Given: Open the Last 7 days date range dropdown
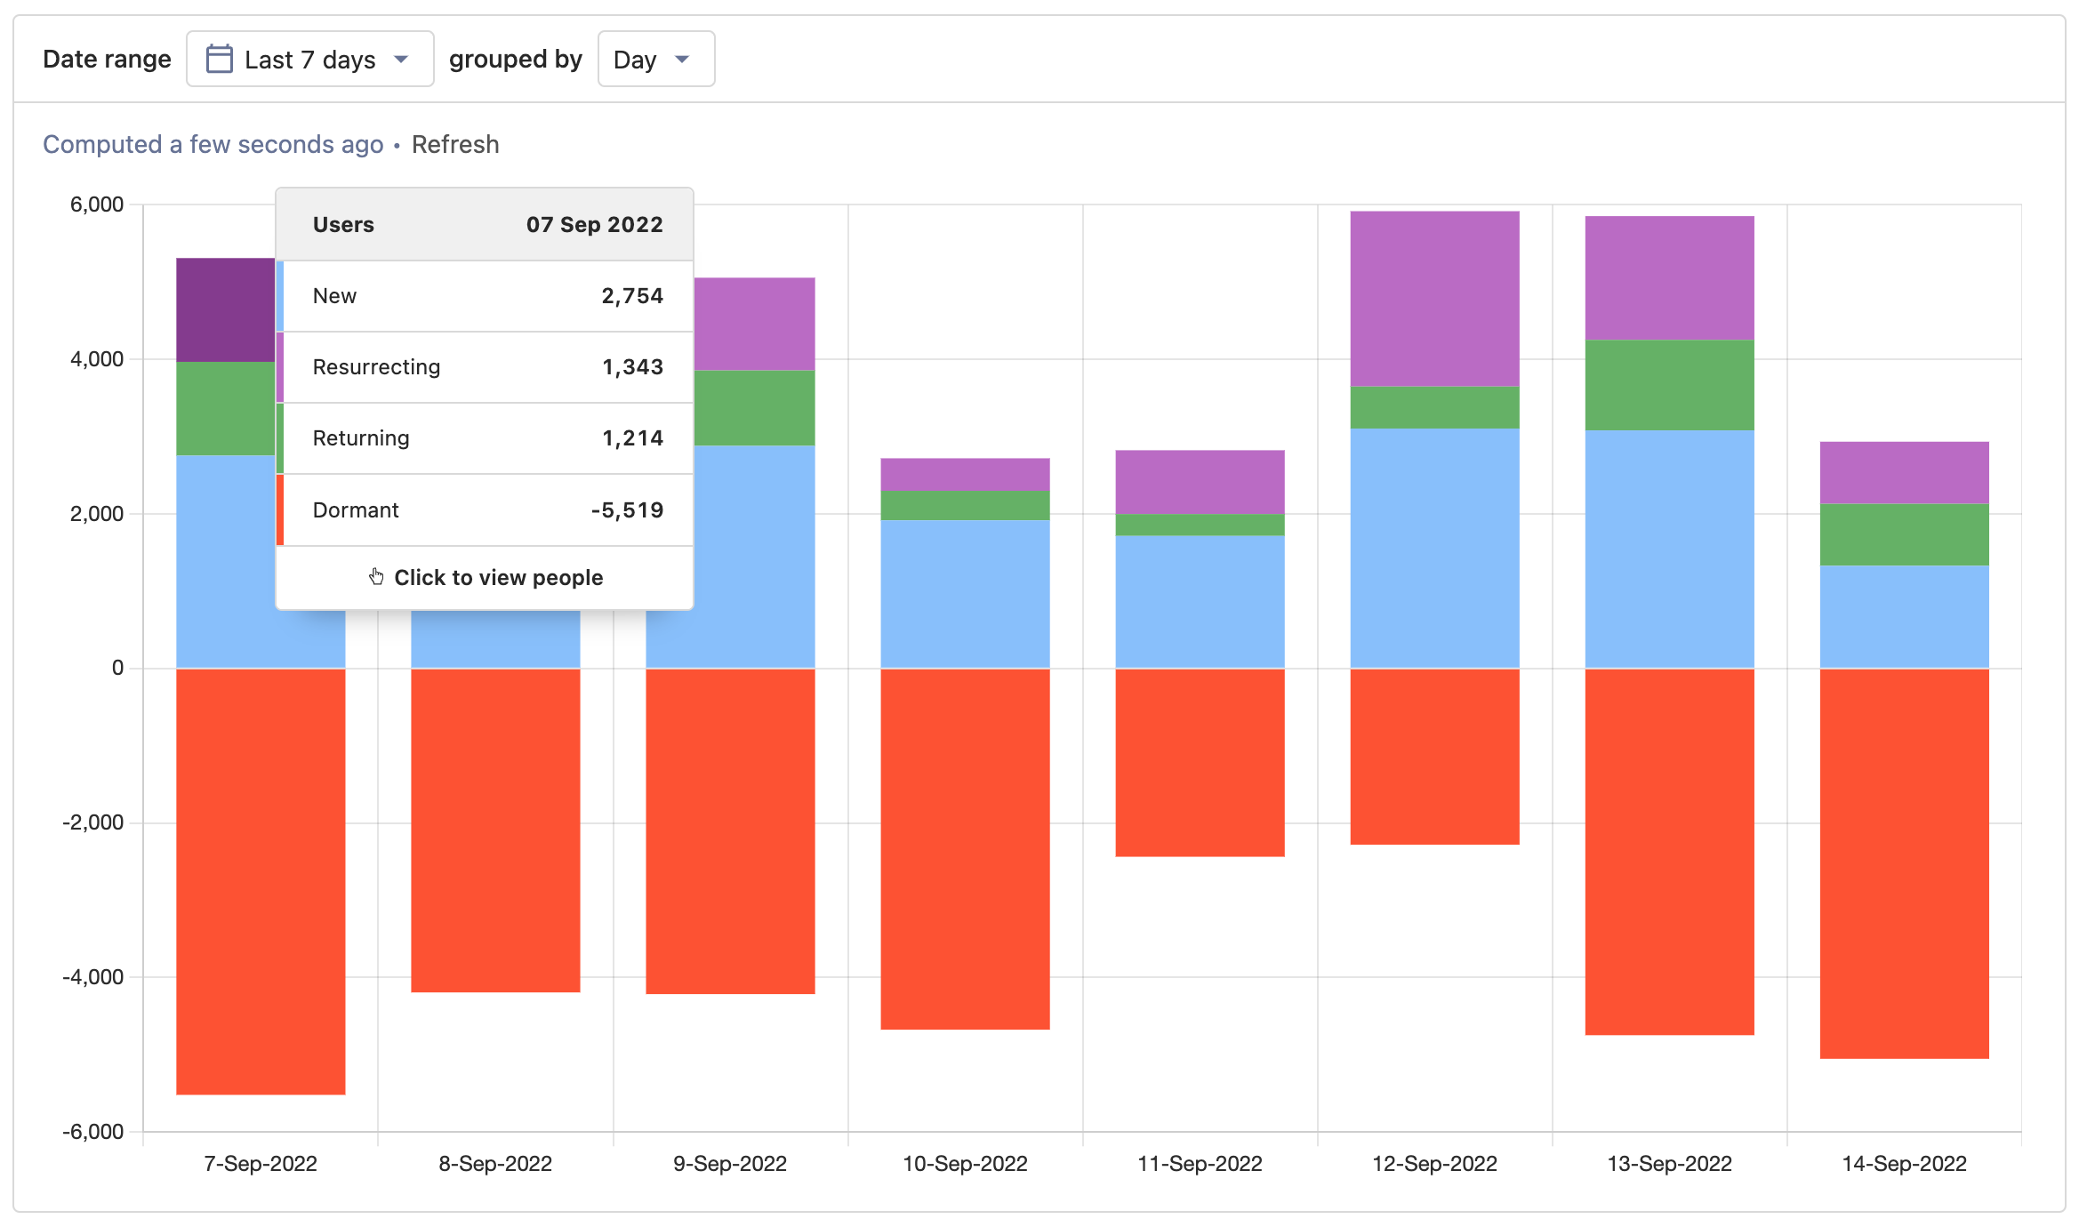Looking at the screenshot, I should coord(309,60).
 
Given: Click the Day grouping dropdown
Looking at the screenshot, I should coord(655,60).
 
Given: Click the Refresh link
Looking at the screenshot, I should coord(454,144).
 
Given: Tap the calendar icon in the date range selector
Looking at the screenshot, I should coord(219,59).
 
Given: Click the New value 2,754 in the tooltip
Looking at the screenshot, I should coord(631,296).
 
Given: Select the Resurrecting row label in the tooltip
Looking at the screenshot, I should coord(376,367).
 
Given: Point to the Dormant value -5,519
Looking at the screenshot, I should coord(627,510).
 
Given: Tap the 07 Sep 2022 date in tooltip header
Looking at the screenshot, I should coord(594,225).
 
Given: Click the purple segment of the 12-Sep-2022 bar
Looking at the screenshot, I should coord(1433,298).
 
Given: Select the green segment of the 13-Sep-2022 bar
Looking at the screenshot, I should coord(1668,385).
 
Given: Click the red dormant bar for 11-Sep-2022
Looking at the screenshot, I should coord(1199,762).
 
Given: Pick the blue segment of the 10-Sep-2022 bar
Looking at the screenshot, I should coord(964,593).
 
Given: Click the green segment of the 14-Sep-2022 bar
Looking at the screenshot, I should coord(1903,534).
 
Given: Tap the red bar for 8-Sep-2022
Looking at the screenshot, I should coord(494,830).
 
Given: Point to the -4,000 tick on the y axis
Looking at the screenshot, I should coord(93,977).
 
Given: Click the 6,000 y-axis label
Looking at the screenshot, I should coord(97,204).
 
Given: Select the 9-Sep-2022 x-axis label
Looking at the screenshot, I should coord(729,1164).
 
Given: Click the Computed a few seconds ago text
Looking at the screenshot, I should coord(213,144).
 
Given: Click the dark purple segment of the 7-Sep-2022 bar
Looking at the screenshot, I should coord(225,309).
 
